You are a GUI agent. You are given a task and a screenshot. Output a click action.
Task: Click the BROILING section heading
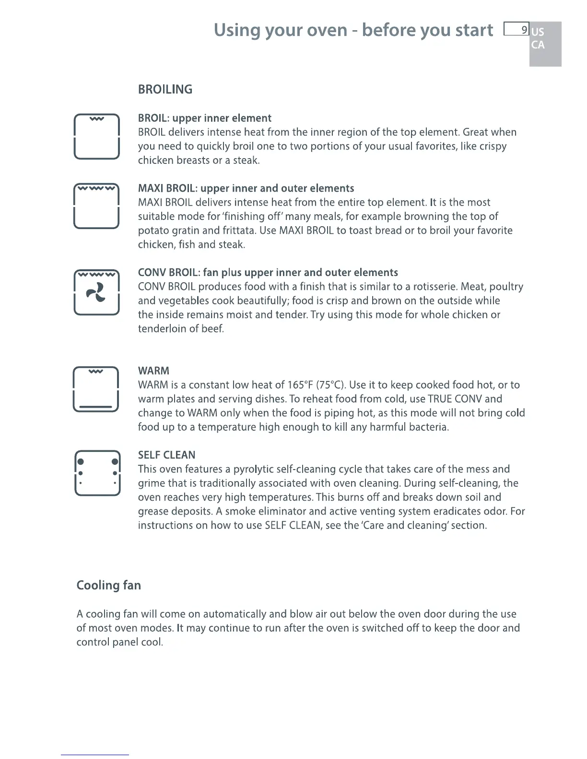click(165, 90)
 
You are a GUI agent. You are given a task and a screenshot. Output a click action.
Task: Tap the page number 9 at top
click(524, 30)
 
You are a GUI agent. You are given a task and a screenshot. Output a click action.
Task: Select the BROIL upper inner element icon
click(96, 137)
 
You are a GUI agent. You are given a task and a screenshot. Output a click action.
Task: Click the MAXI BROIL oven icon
click(96, 207)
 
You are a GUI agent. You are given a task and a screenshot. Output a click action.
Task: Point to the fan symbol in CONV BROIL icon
click(96, 292)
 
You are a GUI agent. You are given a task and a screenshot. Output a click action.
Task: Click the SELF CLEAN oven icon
click(97, 473)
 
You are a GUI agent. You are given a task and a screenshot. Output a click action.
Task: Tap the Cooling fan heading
click(108, 586)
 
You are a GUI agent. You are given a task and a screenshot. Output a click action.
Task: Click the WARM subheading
click(153, 371)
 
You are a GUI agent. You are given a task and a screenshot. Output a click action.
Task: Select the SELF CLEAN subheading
click(166, 455)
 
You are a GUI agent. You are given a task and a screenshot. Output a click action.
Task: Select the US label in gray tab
click(538, 32)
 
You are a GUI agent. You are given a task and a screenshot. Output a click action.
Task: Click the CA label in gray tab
click(538, 45)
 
